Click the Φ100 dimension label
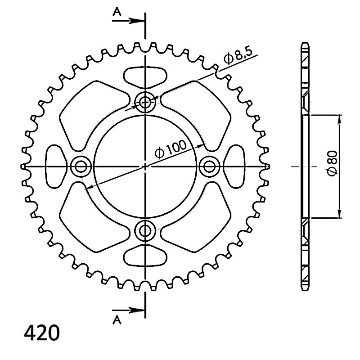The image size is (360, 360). click(171, 149)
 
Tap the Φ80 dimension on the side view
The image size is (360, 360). click(333, 163)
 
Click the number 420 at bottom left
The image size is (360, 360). click(42, 333)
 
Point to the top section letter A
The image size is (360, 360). click(117, 12)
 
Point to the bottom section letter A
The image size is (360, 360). click(117, 319)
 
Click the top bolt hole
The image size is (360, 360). click(145, 102)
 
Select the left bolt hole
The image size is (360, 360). click(81, 166)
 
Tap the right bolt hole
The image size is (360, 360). click(209, 166)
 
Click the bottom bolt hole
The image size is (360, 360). click(145, 230)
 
